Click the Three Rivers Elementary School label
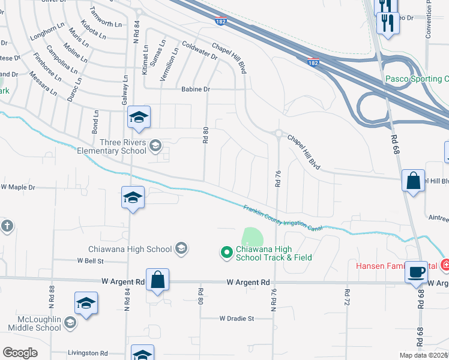(112, 146)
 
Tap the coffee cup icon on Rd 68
(416, 271)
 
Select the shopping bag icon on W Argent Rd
(157, 280)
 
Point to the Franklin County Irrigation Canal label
(283, 218)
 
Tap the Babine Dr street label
(196, 89)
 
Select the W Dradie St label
(237, 318)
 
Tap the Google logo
(20, 353)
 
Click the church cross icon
(6, 226)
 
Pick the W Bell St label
(90, 261)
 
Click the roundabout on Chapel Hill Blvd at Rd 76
(278, 133)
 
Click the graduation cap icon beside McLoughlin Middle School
(86, 303)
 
